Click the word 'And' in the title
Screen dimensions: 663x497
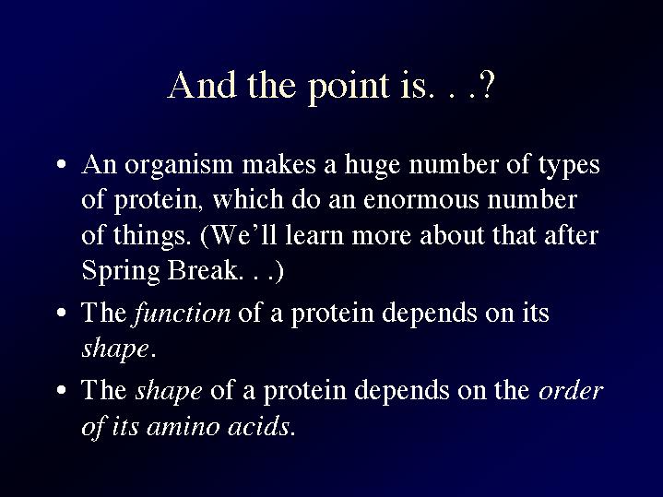(x=202, y=85)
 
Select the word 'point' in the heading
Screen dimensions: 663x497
(x=348, y=89)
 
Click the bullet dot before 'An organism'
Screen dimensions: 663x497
(x=62, y=164)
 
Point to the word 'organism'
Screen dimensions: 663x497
(x=179, y=167)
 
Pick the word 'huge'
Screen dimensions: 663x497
(x=373, y=166)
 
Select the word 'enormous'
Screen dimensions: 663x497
(x=421, y=200)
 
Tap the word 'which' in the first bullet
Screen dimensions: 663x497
(x=248, y=199)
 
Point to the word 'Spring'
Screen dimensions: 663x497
(x=121, y=272)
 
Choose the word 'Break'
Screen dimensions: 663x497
(x=202, y=270)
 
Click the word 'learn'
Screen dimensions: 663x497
(x=314, y=235)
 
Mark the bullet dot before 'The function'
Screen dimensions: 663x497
(x=62, y=313)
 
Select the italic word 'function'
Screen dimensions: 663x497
(x=182, y=314)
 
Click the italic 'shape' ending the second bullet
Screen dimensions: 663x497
(x=115, y=349)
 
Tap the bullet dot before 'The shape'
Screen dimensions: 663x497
(x=62, y=389)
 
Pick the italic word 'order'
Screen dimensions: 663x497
(x=571, y=390)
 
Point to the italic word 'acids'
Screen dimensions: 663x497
(x=259, y=425)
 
